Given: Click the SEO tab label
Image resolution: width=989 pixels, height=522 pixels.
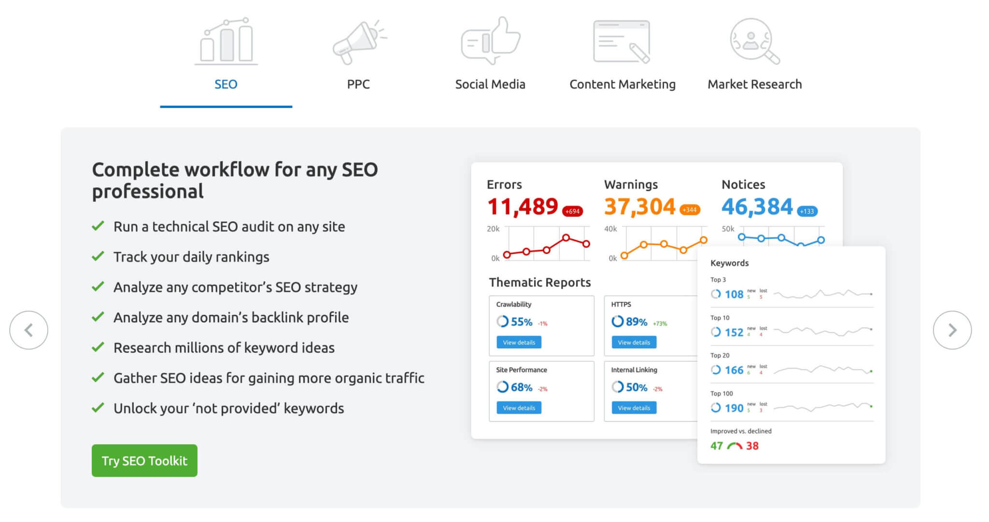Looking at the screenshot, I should click(x=226, y=84).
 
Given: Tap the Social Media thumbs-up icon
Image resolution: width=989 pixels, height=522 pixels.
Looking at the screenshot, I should click(x=490, y=41).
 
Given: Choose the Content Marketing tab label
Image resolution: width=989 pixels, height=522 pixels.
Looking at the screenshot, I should click(x=622, y=84).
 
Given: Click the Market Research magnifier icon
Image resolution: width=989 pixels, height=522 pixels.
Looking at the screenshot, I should click(x=754, y=41).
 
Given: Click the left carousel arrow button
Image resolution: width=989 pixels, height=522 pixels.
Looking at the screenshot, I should click(x=29, y=330).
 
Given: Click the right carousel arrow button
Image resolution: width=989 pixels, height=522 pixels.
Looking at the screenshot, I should click(x=952, y=330).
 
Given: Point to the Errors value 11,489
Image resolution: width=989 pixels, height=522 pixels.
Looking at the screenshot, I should click(x=523, y=207).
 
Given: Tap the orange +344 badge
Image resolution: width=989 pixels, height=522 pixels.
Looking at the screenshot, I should click(x=690, y=210).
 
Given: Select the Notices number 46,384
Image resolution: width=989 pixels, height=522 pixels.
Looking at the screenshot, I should click(x=757, y=207).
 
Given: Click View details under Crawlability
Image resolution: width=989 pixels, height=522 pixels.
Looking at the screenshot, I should click(x=519, y=343).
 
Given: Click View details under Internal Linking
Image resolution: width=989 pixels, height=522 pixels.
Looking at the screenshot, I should click(x=634, y=408).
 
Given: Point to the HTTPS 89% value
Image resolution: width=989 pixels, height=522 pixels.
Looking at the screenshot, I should click(x=636, y=322).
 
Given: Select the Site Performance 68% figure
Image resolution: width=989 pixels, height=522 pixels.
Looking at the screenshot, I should click(x=521, y=387).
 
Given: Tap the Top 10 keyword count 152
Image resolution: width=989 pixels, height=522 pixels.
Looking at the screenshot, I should click(x=734, y=332).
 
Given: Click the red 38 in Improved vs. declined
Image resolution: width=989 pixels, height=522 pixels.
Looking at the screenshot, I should click(x=752, y=446).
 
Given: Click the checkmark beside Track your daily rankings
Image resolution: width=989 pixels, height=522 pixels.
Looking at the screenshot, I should click(x=98, y=256).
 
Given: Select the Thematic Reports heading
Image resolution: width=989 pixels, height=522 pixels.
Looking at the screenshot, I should click(x=539, y=282).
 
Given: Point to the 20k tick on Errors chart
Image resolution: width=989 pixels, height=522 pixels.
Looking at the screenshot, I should click(x=493, y=229).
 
